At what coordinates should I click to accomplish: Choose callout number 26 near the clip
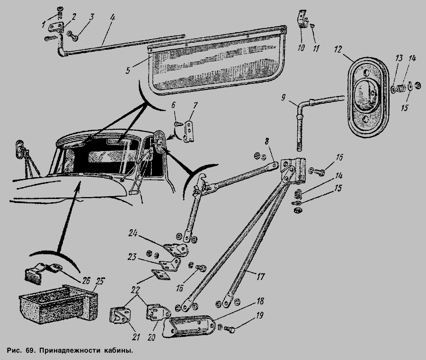(x=85, y=280)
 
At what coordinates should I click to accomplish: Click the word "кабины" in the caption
(x=114, y=352)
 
